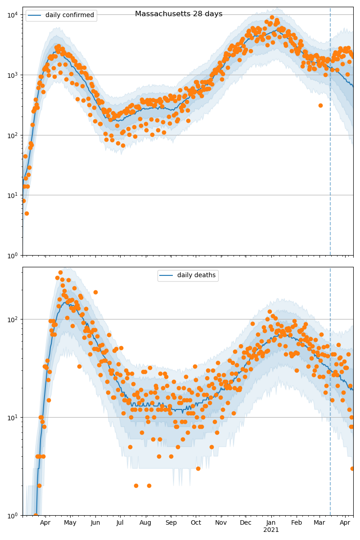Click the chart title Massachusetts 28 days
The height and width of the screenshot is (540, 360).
[x=179, y=14]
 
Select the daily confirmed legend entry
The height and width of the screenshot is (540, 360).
[x=61, y=15]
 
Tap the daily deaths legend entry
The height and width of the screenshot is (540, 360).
[x=188, y=275]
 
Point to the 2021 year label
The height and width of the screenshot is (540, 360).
[x=271, y=530]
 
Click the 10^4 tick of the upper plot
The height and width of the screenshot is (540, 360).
[x=12, y=14]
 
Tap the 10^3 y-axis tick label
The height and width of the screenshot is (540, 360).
[x=12, y=75]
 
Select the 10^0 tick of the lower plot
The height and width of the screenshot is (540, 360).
[x=12, y=515]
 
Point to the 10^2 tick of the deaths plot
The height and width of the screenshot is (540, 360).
[x=12, y=319]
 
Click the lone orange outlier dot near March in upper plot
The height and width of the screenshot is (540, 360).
[x=320, y=105]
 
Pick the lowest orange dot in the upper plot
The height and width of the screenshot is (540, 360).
[x=27, y=213]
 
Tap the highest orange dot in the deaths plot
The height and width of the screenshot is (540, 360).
[x=60, y=272]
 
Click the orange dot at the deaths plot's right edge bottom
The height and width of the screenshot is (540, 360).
[x=352, y=468]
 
